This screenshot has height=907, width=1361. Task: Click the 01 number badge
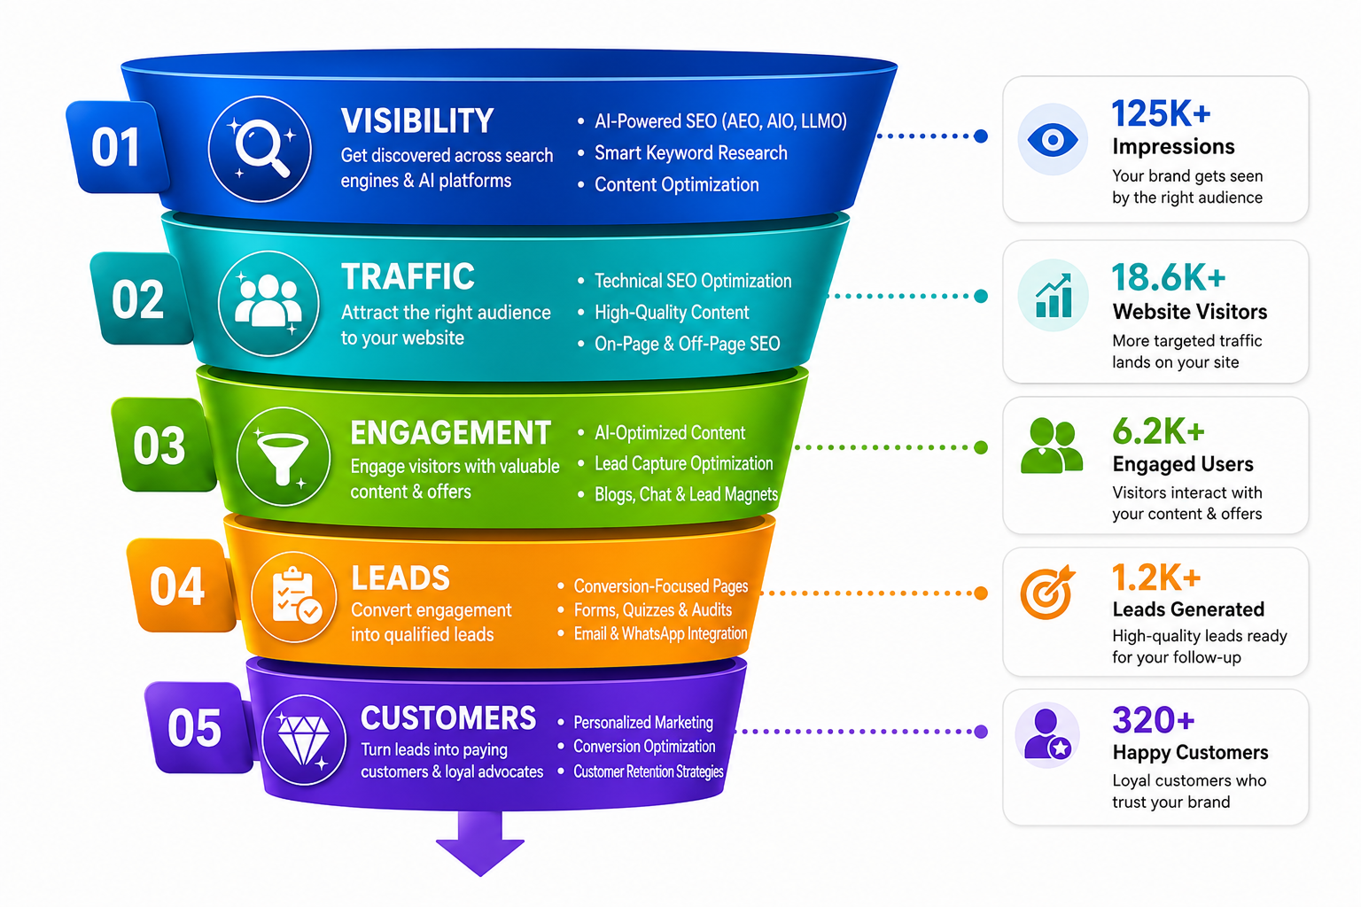click(x=117, y=147)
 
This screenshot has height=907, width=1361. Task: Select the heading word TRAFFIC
click(x=408, y=277)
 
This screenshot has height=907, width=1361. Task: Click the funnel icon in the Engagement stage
click(x=284, y=457)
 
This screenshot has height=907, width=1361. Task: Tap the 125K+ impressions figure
click(x=1161, y=113)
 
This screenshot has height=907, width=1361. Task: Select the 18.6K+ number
click(x=1169, y=277)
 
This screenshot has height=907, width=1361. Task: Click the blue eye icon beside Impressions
click(x=1053, y=140)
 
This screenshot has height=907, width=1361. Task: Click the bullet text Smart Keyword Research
click(x=691, y=153)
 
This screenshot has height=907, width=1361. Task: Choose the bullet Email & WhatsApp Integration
click(x=660, y=633)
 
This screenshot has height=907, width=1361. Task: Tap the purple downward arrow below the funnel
click(x=480, y=843)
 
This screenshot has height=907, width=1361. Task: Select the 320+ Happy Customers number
click(x=1153, y=720)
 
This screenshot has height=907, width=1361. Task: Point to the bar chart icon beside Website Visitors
click(x=1053, y=295)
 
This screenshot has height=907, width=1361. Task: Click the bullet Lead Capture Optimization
click(x=683, y=463)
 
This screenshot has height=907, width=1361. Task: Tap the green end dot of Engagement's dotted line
click(x=981, y=447)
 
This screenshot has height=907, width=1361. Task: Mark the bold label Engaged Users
click(x=1182, y=465)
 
